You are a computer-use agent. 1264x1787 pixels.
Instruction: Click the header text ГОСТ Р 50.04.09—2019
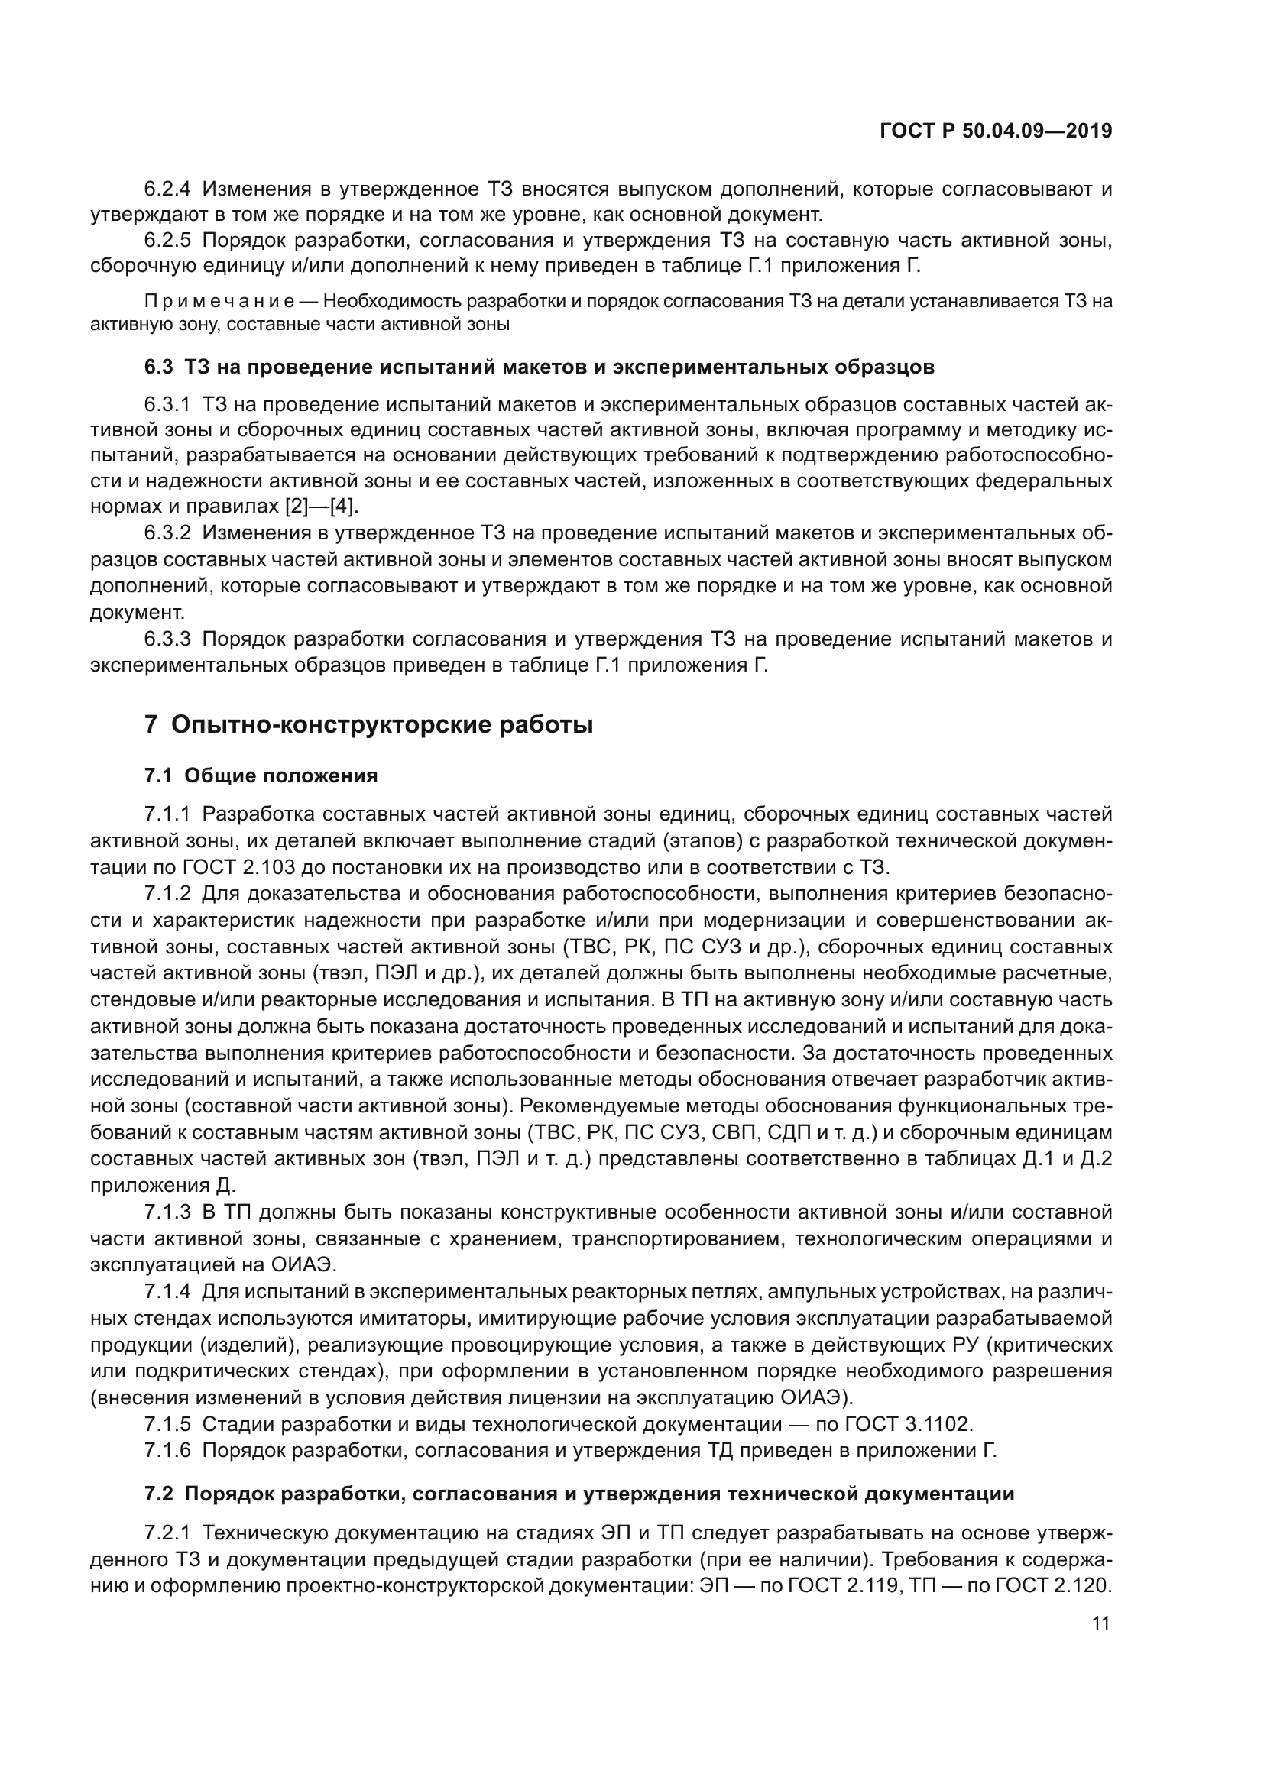pyautogui.click(x=996, y=131)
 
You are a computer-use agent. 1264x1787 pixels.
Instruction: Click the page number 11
pyautogui.click(x=1100, y=1624)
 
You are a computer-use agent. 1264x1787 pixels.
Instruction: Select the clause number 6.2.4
pyautogui.click(x=167, y=189)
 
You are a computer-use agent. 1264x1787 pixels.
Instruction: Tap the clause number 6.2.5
pyautogui.click(x=167, y=241)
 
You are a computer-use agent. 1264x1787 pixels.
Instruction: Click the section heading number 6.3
pyautogui.click(x=159, y=367)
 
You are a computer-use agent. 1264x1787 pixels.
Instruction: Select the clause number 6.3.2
pyautogui.click(x=167, y=533)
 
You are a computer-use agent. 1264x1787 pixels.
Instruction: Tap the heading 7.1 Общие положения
pyautogui.click(x=261, y=775)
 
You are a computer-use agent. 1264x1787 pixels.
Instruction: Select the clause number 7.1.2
pyautogui.click(x=167, y=895)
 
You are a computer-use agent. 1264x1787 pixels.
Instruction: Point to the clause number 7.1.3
pyautogui.click(x=167, y=1212)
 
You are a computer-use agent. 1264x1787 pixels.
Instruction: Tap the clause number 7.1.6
pyautogui.click(x=167, y=1450)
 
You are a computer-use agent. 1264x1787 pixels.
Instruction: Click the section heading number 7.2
pyautogui.click(x=159, y=1494)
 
